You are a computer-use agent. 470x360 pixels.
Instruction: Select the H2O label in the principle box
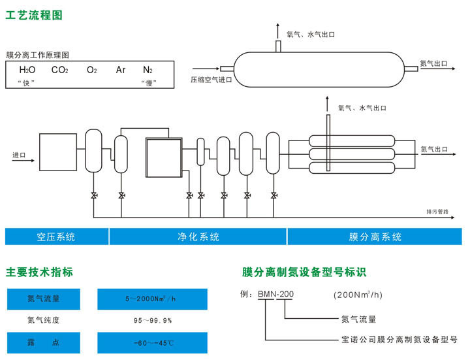point(27,70)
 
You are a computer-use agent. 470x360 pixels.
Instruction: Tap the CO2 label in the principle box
point(60,70)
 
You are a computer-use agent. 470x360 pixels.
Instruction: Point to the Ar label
point(121,70)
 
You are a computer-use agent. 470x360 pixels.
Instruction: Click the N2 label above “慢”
point(148,70)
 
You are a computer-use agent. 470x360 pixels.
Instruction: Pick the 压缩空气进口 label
point(211,80)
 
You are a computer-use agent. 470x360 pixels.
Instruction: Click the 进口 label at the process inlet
point(19,155)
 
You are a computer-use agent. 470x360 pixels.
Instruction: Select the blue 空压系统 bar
point(57,237)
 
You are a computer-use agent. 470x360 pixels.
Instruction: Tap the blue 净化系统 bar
point(198,237)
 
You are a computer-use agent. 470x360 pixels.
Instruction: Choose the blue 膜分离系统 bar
point(375,237)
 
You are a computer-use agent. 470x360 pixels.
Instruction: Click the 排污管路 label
point(437,212)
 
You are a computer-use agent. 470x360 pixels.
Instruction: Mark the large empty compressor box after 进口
point(59,152)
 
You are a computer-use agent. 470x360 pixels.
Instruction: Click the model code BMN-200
point(275,295)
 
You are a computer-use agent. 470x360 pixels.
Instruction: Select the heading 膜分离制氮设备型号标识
point(304,272)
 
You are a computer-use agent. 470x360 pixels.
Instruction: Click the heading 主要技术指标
point(39,272)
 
